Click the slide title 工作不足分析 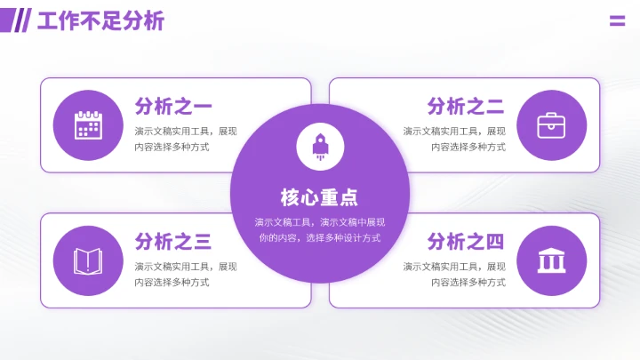point(100,21)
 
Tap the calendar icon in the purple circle point(87,125)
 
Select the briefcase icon point(551,125)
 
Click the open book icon point(87,261)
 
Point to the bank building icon point(551,261)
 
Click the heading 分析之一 point(173,107)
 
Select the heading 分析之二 point(466,107)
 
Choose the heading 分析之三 point(173,241)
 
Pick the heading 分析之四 point(466,241)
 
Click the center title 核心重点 point(320,197)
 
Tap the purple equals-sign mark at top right point(617,21)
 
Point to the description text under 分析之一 point(186,139)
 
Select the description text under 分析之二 point(454,139)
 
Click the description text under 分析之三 point(186,274)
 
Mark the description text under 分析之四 point(454,274)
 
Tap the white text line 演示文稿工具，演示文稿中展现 point(320,222)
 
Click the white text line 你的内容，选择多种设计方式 point(320,238)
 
